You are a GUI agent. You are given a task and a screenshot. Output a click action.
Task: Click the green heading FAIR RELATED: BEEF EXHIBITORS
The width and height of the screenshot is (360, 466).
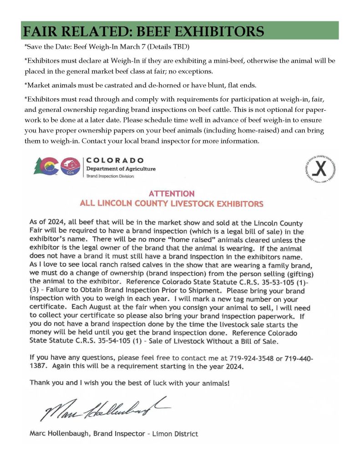click(x=143, y=31)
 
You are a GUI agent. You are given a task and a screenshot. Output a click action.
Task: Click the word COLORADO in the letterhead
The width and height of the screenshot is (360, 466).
click(x=115, y=161)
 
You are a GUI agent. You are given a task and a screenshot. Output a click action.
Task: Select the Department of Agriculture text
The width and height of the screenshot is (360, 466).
click(x=121, y=169)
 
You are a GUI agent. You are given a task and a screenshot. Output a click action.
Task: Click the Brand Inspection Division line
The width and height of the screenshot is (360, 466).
click(x=110, y=176)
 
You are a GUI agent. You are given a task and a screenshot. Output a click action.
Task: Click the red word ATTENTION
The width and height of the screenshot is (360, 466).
click(x=171, y=193)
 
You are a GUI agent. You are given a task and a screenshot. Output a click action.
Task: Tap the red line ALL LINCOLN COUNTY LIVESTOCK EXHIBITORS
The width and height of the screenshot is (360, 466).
click(x=171, y=203)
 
